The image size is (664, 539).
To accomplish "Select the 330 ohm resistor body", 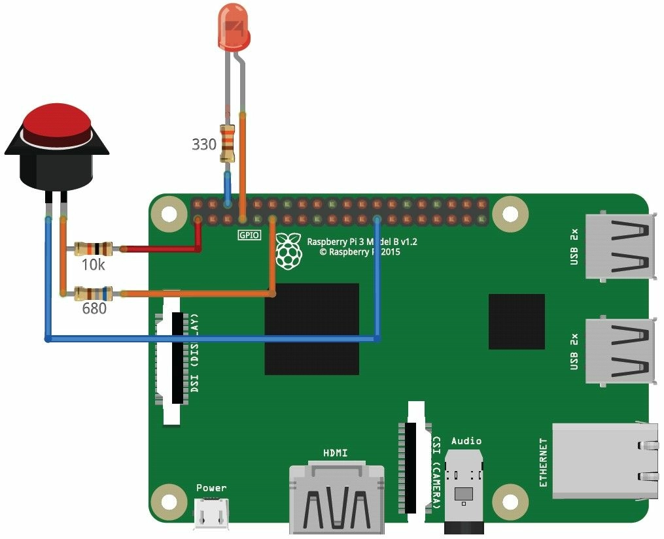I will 227,144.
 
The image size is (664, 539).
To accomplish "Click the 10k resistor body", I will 93,248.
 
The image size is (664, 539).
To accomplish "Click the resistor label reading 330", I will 203,144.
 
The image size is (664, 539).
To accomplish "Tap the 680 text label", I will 94,309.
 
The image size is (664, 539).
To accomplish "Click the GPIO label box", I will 249,235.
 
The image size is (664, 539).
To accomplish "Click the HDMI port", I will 336,498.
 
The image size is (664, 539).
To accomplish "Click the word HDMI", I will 336,453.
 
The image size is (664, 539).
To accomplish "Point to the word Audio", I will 466,441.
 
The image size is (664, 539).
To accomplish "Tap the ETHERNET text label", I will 543,463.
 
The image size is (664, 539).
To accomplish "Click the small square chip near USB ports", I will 516,321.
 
